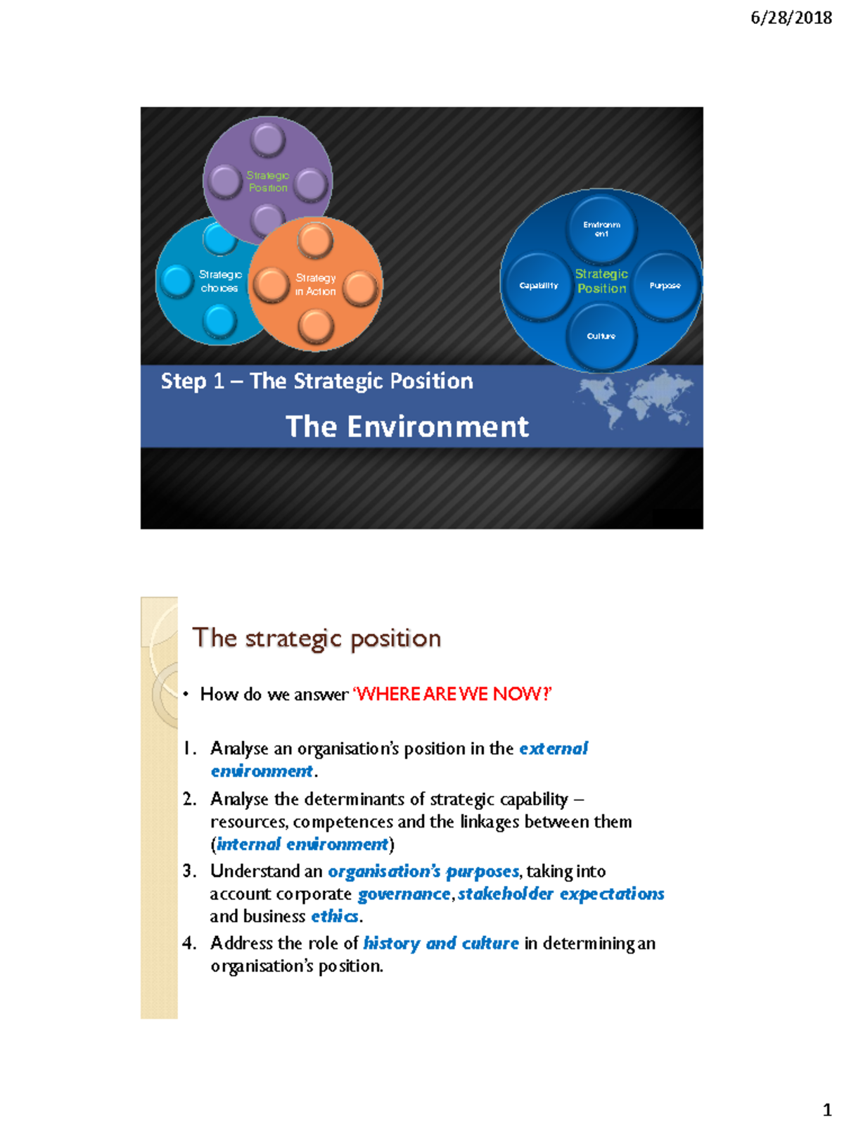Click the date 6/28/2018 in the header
coord(791,18)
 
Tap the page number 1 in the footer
coord(827,1110)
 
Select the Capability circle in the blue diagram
coord(539,285)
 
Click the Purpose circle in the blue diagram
coord(665,285)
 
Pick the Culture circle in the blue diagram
coord(601,336)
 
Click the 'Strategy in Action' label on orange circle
coord(315,284)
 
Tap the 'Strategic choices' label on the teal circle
coord(219,281)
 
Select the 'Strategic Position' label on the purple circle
coord(268,181)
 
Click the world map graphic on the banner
coord(635,398)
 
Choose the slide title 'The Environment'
coord(407,426)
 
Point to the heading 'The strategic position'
coord(316,638)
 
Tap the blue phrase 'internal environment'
coord(302,844)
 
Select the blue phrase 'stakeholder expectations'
coord(561,894)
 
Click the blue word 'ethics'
coord(335,916)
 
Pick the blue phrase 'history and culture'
coord(441,943)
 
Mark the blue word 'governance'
coord(404,894)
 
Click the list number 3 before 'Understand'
coord(188,871)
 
